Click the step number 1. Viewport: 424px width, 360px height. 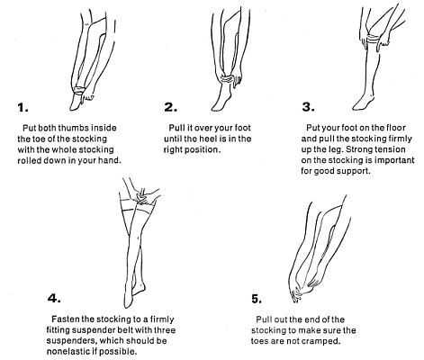[23, 107]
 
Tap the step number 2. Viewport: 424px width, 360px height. [170, 107]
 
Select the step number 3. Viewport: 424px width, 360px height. [308, 107]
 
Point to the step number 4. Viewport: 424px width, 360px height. [54, 298]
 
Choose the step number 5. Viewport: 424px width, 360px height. [257, 299]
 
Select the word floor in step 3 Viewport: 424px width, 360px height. [394, 128]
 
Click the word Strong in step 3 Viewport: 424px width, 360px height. [361, 149]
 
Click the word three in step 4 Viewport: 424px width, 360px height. [165, 329]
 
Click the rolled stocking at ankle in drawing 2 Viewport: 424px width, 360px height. [228, 79]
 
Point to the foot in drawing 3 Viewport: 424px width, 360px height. [364, 103]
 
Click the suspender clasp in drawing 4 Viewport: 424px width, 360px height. [141, 198]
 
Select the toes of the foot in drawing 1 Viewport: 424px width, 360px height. [74, 106]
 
